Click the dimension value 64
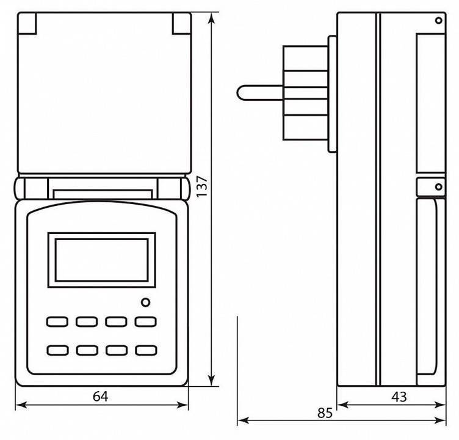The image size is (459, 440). (100, 397)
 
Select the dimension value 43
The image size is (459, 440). (399, 397)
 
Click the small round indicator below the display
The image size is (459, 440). (145, 302)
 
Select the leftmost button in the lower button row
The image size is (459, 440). (56, 350)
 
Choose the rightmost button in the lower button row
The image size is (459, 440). (146, 350)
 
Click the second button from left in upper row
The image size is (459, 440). (86, 321)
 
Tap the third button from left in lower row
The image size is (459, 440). (116, 350)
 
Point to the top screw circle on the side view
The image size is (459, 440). (438, 21)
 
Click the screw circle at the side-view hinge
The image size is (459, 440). (438, 186)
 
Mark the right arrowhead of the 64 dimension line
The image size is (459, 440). (186, 404)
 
